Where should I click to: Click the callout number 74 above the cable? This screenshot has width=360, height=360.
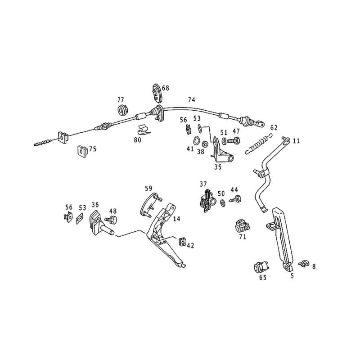[192, 100]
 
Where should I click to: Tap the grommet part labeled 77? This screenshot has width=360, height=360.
[122, 110]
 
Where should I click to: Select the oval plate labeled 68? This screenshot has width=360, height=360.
[157, 93]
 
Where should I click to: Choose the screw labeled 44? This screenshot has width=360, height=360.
[235, 199]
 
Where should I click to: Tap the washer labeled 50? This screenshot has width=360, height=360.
[222, 203]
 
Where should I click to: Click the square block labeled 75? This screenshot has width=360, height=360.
[82, 151]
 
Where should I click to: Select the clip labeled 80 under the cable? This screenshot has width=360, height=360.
[144, 130]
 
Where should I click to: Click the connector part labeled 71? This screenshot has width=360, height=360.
[242, 226]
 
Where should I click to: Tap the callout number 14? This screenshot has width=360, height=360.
[176, 219]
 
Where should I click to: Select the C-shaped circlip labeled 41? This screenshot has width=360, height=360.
[197, 141]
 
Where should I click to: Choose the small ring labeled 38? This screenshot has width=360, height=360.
[205, 144]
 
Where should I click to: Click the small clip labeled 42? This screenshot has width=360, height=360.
[182, 242]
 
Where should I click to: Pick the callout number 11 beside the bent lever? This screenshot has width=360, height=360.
[297, 141]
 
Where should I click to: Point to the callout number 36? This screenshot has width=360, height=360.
[95, 204]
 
